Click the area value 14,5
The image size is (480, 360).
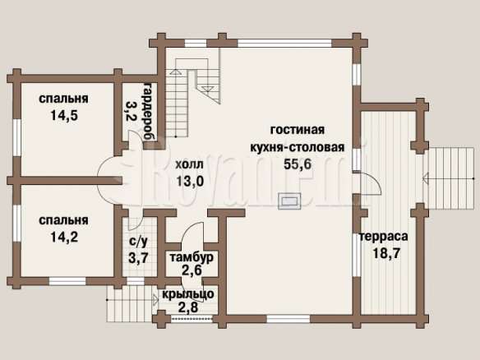(x=64, y=116)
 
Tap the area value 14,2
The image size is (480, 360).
(x=64, y=237)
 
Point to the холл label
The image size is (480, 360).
(x=189, y=164)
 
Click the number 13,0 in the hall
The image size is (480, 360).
(x=190, y=181)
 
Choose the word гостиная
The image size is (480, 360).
(x=298, y=130)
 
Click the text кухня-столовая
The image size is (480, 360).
(x=298, y=147)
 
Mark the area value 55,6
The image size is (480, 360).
(x=298, y=164)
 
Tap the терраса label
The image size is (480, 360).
(x=384, y=237)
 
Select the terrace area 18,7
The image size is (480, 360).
(x=386, y=253)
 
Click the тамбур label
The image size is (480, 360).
(x=192, y=257)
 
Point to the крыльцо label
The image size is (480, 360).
(x=188, y=294)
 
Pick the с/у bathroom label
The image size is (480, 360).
(x=138, y=242)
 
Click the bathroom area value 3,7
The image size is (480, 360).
(x=138, y=258)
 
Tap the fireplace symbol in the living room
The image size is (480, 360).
(x=289, y=201)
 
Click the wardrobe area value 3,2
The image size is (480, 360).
(x=131, y=110)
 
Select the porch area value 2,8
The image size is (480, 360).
(x=188, y=307)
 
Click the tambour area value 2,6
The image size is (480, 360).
(x=192, y=270)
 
